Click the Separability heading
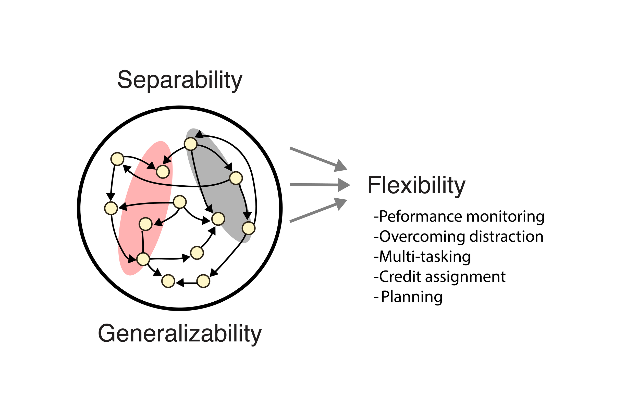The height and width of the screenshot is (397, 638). [180, 80]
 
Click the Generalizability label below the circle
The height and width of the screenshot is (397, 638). [180, 334]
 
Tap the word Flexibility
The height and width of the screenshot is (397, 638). [416, 185]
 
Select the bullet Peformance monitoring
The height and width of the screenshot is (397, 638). [459, 217]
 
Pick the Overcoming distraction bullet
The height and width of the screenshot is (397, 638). [459, 237]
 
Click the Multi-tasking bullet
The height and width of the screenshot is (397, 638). [422, 257]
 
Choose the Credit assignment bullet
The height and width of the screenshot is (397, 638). [440, 276]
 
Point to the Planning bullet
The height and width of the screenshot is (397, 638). [408, 297]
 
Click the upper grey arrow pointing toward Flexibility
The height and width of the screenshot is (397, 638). [318, 159]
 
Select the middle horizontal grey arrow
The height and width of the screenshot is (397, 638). [320, 185]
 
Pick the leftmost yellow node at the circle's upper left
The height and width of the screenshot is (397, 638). [117, 159]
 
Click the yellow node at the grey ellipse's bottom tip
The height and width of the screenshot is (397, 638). [249, 228]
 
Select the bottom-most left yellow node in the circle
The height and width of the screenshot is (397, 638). [168, 281]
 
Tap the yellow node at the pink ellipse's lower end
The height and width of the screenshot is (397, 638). [143, 259]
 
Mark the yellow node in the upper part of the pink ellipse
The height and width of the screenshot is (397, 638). [163, 172]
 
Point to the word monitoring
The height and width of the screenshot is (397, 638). [505, 217]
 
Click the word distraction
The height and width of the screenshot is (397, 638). [506, 237]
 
